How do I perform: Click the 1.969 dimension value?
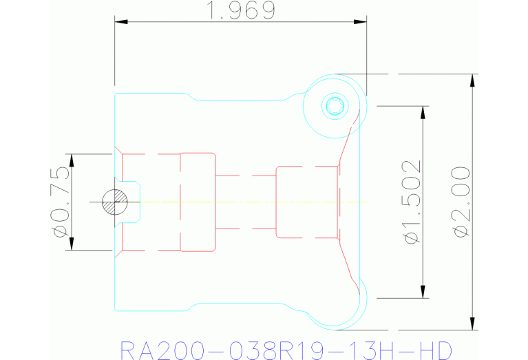241,10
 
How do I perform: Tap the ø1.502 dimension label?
412,202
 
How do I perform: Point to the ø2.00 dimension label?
461,202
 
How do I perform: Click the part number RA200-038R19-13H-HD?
286,350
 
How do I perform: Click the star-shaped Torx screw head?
335,106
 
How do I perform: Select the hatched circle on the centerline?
115,202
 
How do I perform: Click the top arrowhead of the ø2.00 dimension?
472,81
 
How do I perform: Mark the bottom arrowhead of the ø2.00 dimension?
472,324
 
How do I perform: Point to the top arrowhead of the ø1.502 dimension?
423,112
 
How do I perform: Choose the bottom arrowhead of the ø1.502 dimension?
423,292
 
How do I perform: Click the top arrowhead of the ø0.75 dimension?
72,160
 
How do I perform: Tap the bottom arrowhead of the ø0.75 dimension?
72,244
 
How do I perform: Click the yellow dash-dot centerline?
253,202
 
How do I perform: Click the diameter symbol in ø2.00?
461,232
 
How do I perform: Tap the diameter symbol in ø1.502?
412,237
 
